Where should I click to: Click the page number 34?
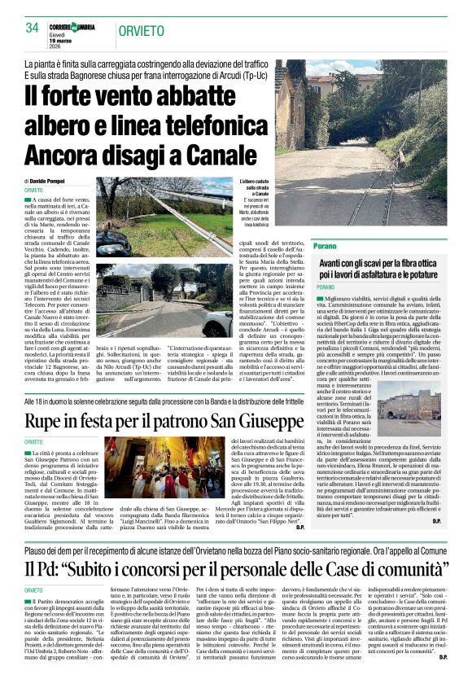click(x=33, y=28)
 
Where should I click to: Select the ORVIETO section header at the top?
click(x=142, y=31)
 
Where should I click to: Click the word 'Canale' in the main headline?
click(x=193, y=132)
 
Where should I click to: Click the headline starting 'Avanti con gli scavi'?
click(x=379, y=265)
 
